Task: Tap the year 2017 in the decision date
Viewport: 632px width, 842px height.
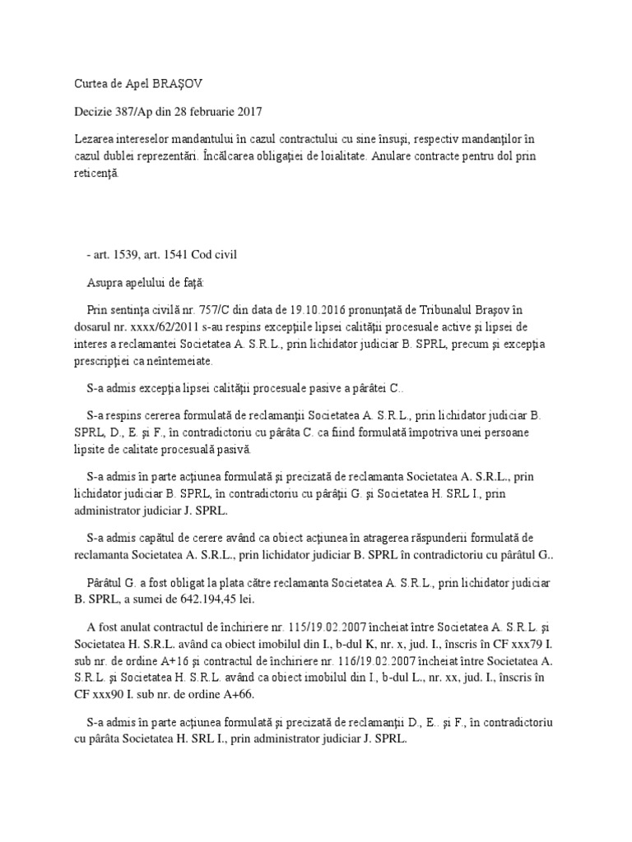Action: pos(248,111)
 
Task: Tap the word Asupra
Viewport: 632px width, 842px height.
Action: pos(105,282)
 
